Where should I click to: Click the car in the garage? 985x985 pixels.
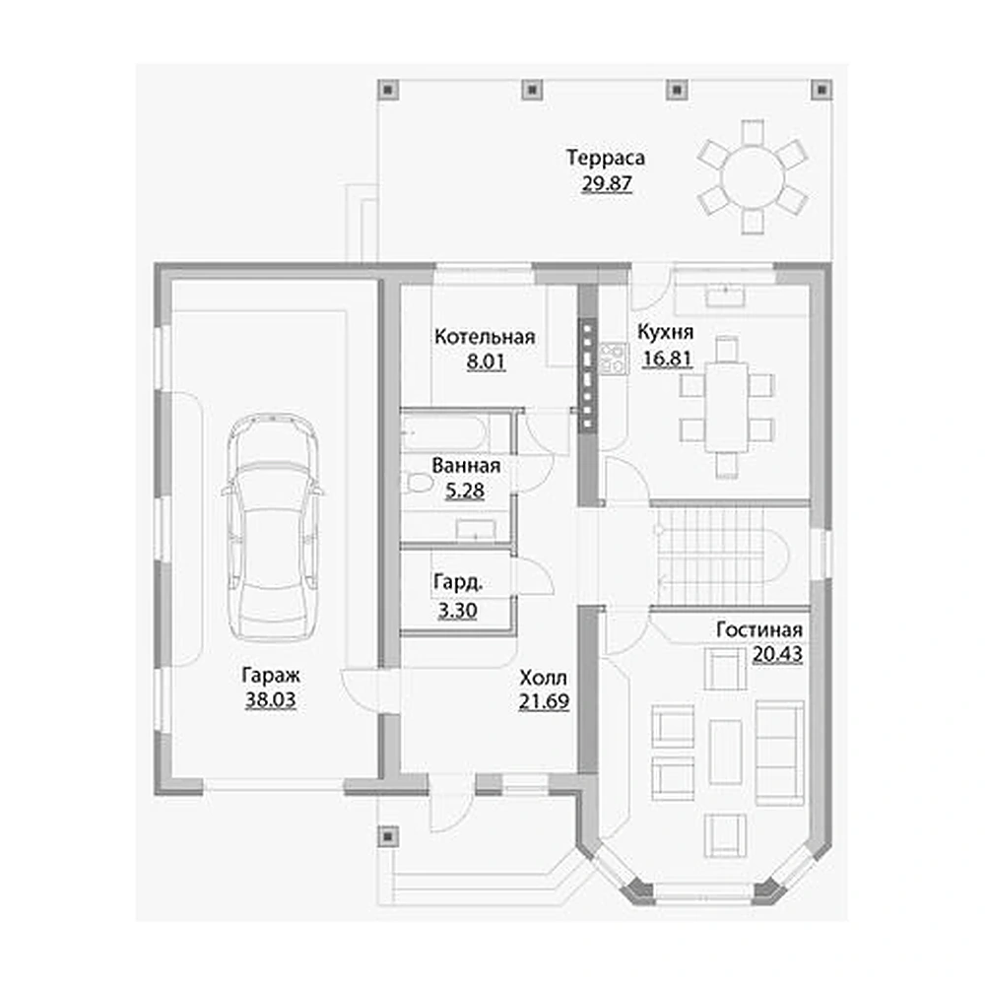pos(273,528)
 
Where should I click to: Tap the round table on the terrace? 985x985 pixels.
pos(753,177)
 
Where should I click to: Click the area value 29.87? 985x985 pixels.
pos(607,184)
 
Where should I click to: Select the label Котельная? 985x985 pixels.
pos(485,337)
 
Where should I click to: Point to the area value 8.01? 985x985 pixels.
pos(486,361)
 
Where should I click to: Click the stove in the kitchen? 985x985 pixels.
pos(613,359)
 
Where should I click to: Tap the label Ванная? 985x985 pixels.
pos(466,466)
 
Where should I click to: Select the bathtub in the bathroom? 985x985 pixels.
pos(445,431)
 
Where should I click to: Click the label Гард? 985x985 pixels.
pos(458,583)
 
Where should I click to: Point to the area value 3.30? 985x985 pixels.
pos(457,610)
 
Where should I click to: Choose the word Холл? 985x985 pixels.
pos(544,678)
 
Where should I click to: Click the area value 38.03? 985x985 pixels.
pos(270,699)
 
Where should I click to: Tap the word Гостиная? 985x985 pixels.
pos(759,629)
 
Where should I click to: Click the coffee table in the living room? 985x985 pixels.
pos(726,752)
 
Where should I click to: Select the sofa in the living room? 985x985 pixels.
pos(779,753)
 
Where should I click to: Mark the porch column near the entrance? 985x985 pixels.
pos(388,836)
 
